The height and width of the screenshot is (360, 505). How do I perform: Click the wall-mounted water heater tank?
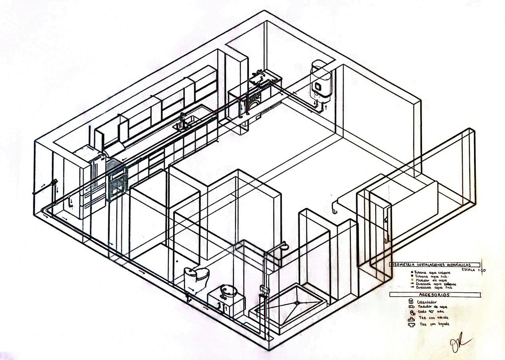[320, 79]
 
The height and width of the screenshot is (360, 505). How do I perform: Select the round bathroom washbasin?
[229, 291]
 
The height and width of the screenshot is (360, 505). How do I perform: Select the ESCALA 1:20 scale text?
[473, 270]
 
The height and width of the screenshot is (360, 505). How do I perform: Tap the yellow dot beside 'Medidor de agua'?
[412, 280]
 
